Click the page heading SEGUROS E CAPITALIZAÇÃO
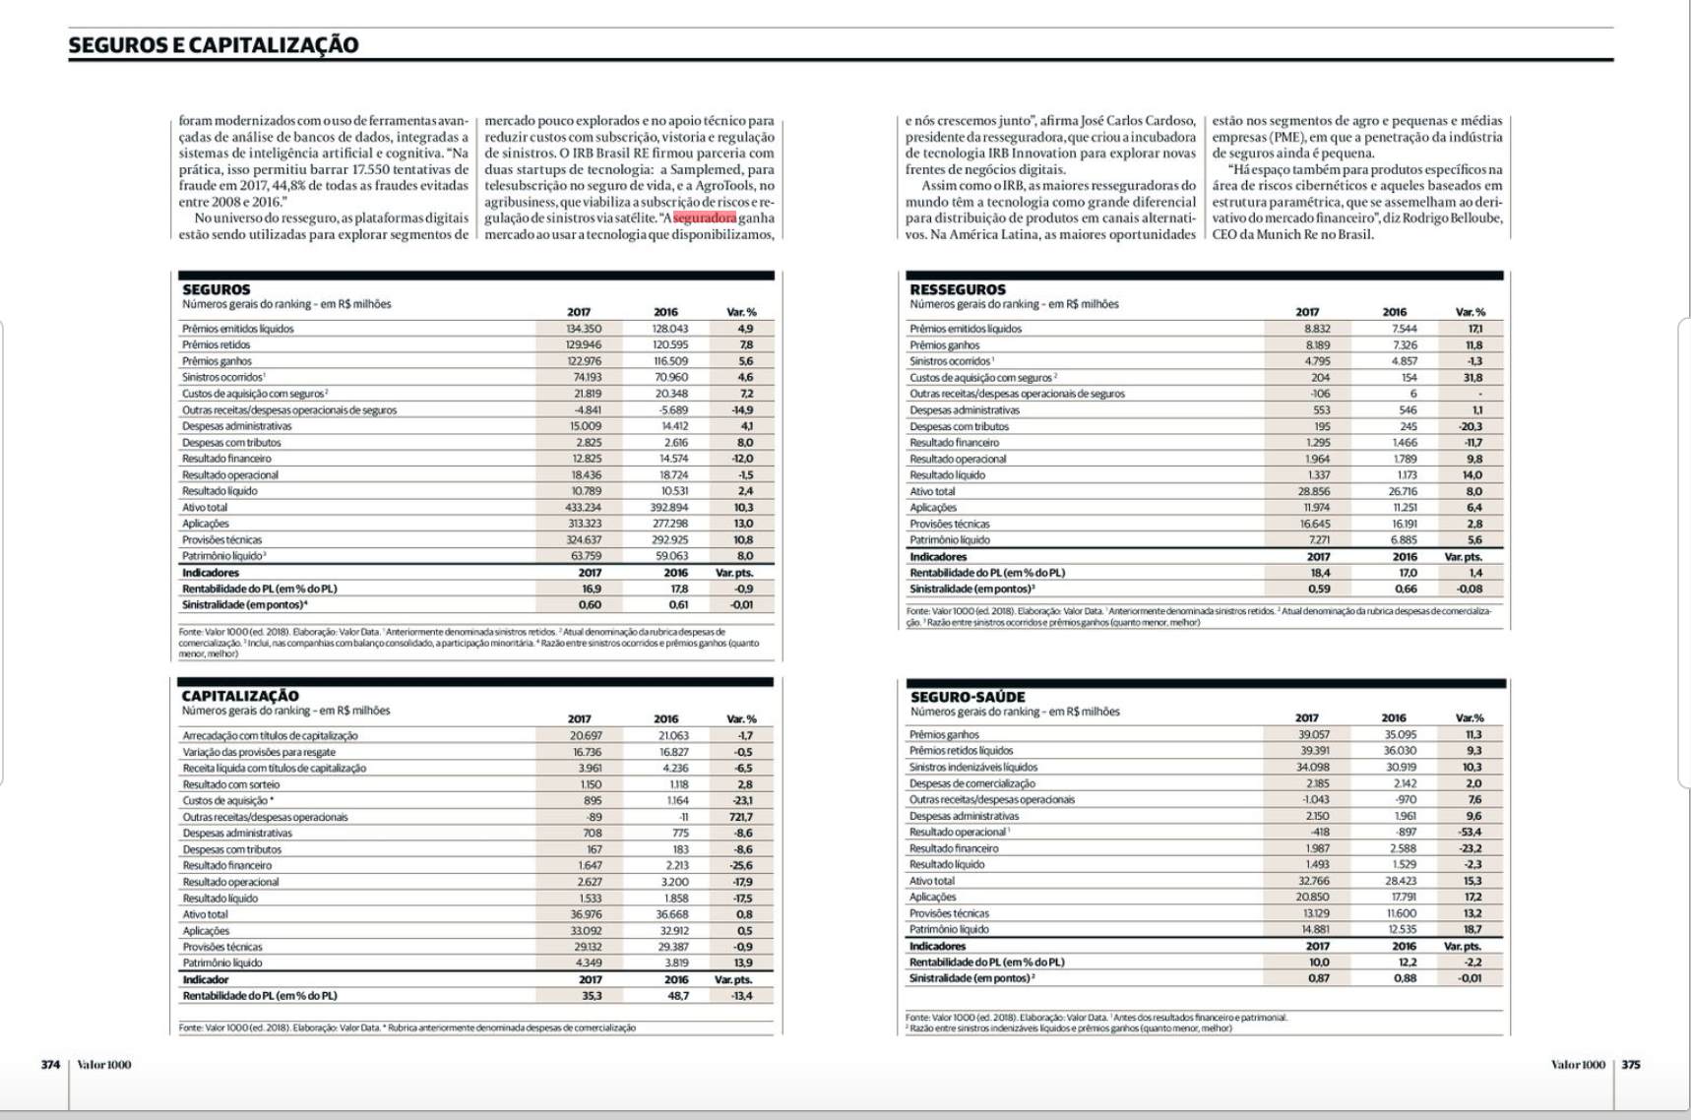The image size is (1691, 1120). tap(213, 44)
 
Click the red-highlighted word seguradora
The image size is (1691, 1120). tap(705, 218)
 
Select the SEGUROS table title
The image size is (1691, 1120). tap(217, 289)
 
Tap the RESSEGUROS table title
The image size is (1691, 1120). tap(958, 289)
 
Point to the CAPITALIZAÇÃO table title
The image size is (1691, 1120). tap(240, 696)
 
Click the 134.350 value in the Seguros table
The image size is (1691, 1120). tap(584, 329)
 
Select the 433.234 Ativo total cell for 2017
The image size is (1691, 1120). tap(584, 508)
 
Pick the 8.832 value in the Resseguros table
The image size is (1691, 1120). tap(1317, 329)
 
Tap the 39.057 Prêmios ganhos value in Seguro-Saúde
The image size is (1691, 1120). tap(1314, 735)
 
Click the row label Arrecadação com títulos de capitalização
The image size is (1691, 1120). tap(271, 736)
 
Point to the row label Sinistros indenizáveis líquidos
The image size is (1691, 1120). tap(973, 768)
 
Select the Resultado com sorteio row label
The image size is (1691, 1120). tap(231, 784)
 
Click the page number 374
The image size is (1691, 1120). tap(50, 1064)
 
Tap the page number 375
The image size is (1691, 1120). tap(1631, 1064)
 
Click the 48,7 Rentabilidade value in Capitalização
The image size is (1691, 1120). tap(678, 996)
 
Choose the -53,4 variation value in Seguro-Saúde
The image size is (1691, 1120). tap(1470, 833)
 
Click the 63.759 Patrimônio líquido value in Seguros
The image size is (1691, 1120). tap(586, 556)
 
